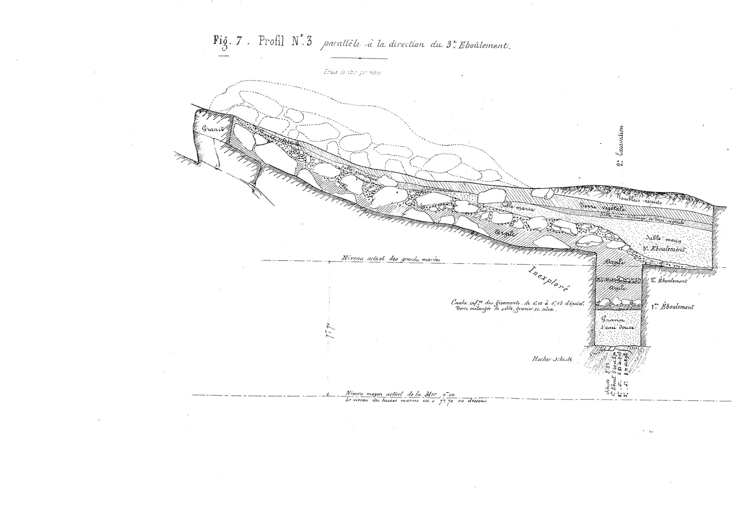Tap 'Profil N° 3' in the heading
(x=285, y=42)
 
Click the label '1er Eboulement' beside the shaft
(x=673, y=307)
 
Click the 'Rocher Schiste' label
(x=552, y=359)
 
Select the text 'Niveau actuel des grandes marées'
(x=390, y=258)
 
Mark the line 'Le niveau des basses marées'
(x=415, y=401)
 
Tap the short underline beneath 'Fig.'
(x=223, y=56)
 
